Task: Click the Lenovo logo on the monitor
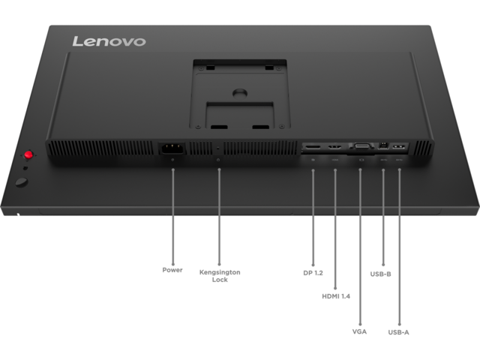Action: point(109,41)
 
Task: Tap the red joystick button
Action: point(28,154)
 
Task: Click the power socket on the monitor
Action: point(172,148)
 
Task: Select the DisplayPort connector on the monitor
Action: point(313,147)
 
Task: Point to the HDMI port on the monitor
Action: point(335,147)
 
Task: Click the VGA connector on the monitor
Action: point(363,146)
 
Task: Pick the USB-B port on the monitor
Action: point(383,145)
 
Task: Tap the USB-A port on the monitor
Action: point(399,147)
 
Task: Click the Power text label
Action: point(172,270)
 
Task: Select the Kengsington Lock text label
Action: point(220,276)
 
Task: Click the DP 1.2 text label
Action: point(313,273)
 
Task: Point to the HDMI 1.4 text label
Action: point(336,296)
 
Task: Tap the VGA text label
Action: point(359,331)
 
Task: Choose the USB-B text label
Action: point(380,274)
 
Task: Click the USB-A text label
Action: point(398,332)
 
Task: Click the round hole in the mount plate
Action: point(240,93)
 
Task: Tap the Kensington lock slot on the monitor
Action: point(217,148)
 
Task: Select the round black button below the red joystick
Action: point(22,182)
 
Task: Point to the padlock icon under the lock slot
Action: point(218,160)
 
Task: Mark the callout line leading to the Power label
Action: point(173,217)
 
